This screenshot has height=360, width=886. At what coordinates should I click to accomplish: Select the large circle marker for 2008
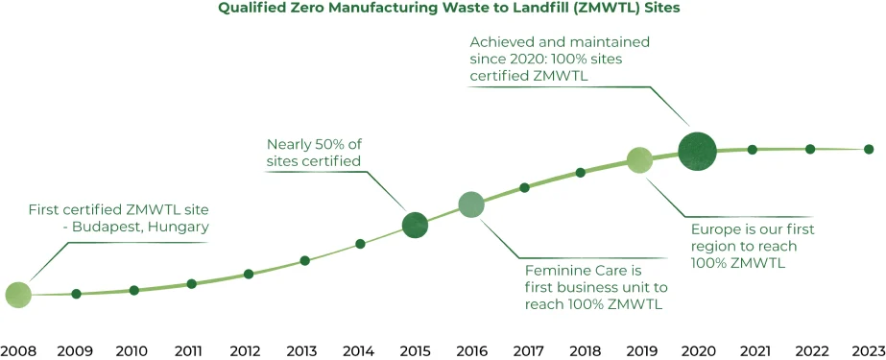point(18,295)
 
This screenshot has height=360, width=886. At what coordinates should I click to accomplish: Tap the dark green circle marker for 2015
point(415,225)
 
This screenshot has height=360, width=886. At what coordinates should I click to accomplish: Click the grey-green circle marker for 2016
point(470,204)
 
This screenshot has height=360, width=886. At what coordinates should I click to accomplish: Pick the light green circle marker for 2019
point(639,160)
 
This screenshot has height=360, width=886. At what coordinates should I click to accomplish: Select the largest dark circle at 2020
point(697,151)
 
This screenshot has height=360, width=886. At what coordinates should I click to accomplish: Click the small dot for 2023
point(868,149)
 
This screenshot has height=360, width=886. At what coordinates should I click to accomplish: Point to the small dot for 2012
point(249,274)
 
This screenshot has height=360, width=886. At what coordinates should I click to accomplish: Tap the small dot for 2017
point(524,187)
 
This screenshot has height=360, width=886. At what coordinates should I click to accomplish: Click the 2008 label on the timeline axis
point(17,350)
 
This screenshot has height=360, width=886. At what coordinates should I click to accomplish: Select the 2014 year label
point(358,350)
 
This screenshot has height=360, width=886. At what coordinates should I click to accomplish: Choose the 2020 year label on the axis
point(698,350)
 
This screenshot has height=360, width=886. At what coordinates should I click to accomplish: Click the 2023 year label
point(867,350)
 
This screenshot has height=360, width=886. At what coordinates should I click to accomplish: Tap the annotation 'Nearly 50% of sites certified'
point(315,153)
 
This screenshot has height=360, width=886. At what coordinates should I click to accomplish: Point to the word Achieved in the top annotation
point(504,43)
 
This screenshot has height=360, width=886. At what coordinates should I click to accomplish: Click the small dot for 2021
point(753,149)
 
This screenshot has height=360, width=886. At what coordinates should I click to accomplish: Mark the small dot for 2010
point(134,290)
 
